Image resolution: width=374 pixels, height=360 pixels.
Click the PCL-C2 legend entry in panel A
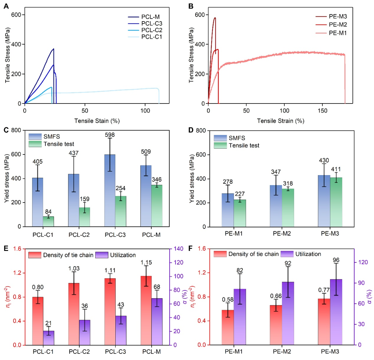point(151,30)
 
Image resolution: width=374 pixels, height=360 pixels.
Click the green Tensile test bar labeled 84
point(48,222)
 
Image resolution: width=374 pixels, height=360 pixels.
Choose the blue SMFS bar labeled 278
point(228,210)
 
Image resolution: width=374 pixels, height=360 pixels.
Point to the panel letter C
point(6,130)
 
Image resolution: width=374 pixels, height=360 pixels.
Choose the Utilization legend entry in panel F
point(308,254)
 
